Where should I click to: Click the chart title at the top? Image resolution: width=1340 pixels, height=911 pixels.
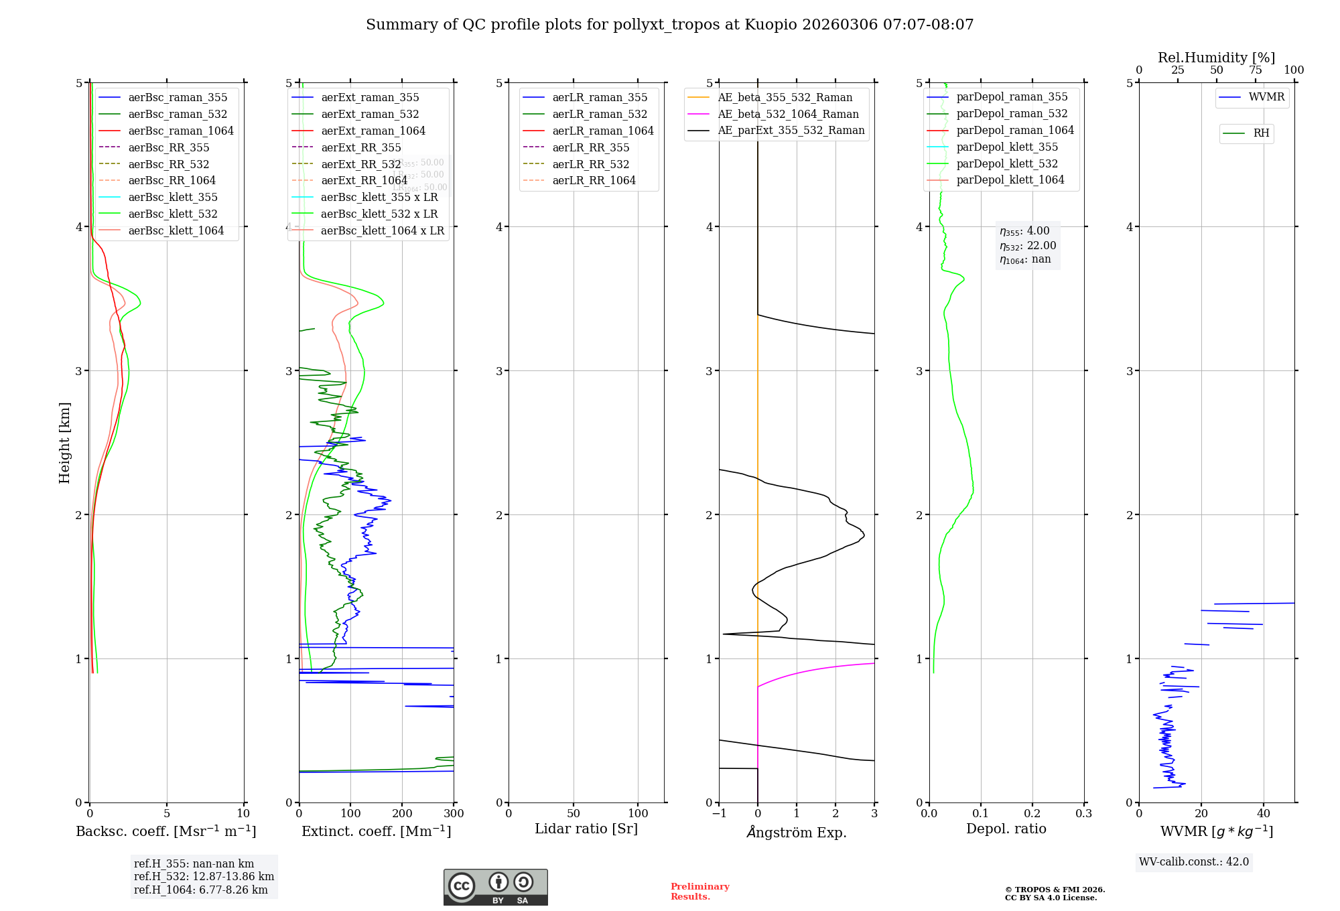(x=669, y=25)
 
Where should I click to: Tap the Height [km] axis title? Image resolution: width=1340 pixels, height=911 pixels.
(x=64, y=442)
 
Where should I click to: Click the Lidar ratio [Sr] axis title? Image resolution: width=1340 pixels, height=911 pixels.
(x=586, y=829)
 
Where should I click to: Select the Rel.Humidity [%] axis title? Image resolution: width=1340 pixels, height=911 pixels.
(x=1216, y=58)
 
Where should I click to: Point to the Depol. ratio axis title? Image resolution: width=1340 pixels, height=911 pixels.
(x=1006, y=829)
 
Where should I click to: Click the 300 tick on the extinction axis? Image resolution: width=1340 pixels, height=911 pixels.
(x=454, y=814)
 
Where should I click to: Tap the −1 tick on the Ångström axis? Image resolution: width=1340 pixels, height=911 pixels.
(x=719, y=814)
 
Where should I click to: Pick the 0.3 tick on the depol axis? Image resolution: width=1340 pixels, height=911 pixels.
(x=1083, y=814)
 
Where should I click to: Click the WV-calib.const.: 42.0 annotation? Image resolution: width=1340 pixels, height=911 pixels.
(x=1194, y=861)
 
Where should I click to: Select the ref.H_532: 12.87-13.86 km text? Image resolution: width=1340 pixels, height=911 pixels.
(x=204, y=876)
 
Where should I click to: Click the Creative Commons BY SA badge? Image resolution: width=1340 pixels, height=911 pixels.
(x=495, y=887)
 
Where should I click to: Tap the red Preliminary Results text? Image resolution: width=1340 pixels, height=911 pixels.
(x=699, y=891)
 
